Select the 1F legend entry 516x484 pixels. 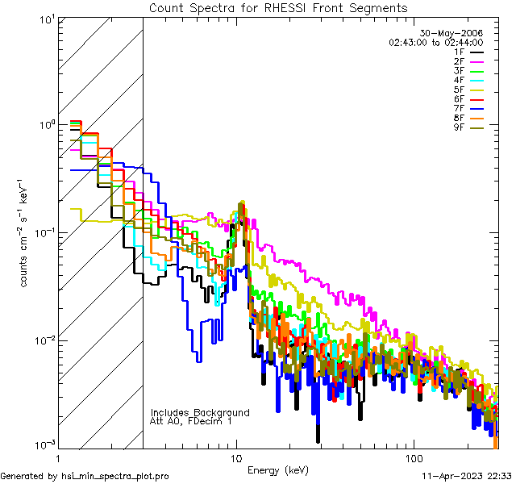tap(468, 52)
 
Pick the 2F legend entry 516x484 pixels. tap(468, 61)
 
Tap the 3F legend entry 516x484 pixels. tap(468, 71)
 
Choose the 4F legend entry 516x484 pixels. tap(468, 81)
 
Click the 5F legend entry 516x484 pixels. tap(468, 90)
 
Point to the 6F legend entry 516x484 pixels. tap(468, 99)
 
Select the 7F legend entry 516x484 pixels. tap(468, 109)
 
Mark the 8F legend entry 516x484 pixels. tap(468, 119)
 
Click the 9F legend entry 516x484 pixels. tap(468, 128)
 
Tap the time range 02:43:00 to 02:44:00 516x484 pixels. tap(435, 42)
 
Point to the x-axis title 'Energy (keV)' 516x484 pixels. tap(278, 469)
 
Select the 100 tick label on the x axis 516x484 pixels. tap(413, 458)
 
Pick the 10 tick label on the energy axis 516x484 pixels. tap(235, 458)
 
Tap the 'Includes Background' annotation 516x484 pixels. tap(200, 412)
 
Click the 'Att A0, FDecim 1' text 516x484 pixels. tap(192, 421)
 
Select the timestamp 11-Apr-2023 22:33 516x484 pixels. tap(467, 476)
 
